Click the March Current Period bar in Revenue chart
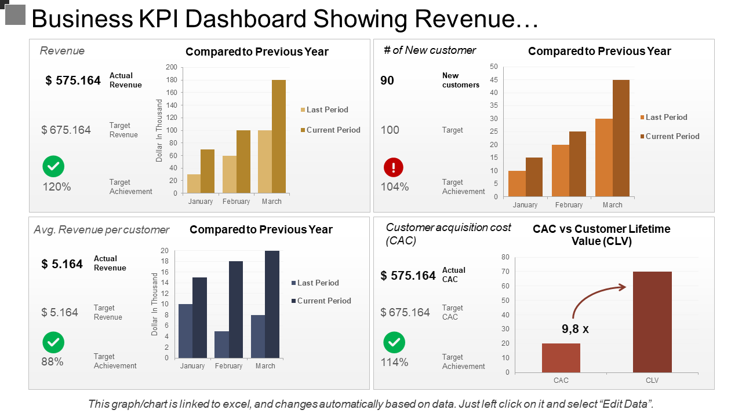(279, 137)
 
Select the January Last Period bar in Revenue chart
(194, 184)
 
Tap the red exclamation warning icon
(394, 167)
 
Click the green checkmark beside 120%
(53, 166)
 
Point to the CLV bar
(652, 322)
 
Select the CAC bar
(561, 358)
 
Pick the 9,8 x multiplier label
(575, 329)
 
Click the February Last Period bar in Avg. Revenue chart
(221, 345)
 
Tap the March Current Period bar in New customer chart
(621, 138)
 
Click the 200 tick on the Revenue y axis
(172, 67)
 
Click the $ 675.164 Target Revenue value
(66, 130)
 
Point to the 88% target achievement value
(52, 362)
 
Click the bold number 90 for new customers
(387, 81)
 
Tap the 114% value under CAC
(394, 363)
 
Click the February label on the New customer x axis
(569, 205)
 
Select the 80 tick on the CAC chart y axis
(505, 257)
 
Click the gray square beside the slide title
(15, 14)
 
